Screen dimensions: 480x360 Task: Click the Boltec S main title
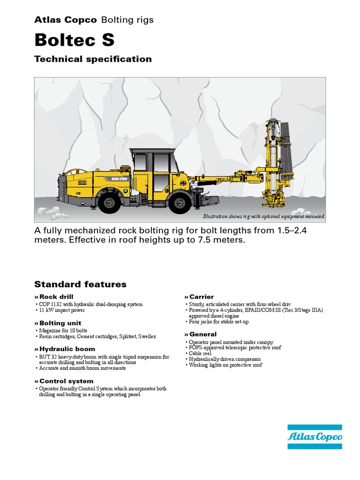tap(74, 40)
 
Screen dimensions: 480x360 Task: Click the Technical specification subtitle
tap(93, 59)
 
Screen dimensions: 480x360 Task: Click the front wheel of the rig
tap(179, 202)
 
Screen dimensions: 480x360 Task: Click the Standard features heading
tap(80, 284)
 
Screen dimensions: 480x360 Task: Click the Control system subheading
tap(66, 381)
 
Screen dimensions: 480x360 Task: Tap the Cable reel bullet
tap(202, 354)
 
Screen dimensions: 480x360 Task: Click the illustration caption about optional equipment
tap(263, 217)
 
